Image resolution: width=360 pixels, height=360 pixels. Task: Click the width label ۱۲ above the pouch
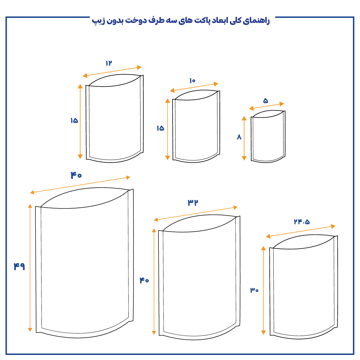click(108, 63)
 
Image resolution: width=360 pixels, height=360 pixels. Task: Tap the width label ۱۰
click(192, 81)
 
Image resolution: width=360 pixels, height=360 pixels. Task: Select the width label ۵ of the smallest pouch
click(266, 100)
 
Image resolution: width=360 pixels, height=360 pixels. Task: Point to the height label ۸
click(239, 137)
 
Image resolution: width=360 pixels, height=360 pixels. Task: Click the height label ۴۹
click(19, 266)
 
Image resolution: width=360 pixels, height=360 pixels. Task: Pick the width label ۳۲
click(193, 202)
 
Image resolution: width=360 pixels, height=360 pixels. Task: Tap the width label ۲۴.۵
click(301, 222)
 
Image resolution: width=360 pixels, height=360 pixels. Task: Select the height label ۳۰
click(254, 290)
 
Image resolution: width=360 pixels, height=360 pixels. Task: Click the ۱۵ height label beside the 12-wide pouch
click(74, 120)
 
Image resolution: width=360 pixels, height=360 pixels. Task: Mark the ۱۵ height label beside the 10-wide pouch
click(160, 128)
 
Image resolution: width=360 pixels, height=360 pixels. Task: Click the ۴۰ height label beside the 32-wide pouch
click(144, 280)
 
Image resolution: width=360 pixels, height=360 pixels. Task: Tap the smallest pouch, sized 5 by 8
click(268, 137)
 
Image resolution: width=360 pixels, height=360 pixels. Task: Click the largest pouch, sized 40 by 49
click(84, 263)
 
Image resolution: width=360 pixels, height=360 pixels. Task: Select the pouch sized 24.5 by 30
click(303, 287)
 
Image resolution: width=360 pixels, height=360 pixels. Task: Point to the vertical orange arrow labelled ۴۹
click(30, 268)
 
